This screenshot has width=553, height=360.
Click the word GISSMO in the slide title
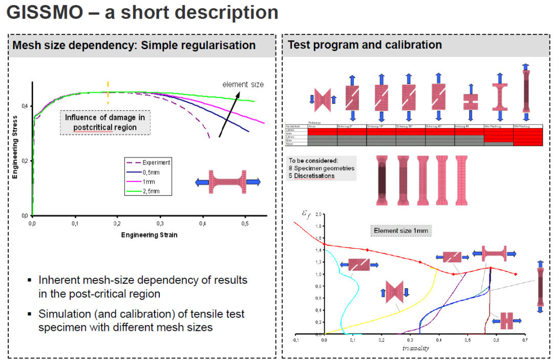tap(44, 12)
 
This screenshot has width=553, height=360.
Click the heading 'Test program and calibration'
tap(365, 45)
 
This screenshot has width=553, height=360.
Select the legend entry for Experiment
tap(156, 163)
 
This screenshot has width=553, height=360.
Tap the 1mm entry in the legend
tap(150, 182)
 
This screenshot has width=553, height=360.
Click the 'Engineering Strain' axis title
tap(149, 235)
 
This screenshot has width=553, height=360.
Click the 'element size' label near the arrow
tap(243, 84)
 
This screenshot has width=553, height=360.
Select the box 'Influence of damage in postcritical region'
tap(104, 122)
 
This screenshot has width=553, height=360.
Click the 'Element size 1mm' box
tap(401, 231)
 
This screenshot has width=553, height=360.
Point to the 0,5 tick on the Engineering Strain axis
tap(246, 224)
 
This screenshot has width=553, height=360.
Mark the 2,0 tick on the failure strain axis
tap(317, 214)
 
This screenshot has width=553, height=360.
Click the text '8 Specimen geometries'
tap(321, 168)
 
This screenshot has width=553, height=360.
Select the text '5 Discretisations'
tap(311, 176)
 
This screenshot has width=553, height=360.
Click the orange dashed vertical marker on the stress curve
tap(108, 93)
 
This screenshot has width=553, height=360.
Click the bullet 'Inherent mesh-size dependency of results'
tap(142, 280)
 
